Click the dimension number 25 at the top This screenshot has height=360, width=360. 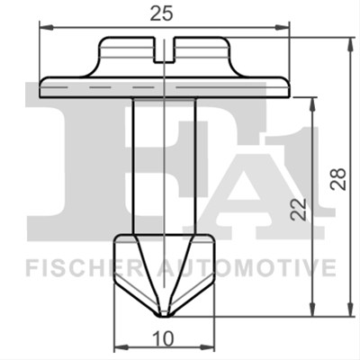pos(161,13)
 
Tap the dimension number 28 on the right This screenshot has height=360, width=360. pos(338,179)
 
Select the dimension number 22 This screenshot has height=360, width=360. pos(298,210)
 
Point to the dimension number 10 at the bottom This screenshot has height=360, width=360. pos(163,338)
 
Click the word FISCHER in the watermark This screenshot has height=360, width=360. pos(83,268)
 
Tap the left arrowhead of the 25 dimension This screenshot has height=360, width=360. pos(46,28)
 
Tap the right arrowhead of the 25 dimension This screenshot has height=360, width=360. pos(283,28)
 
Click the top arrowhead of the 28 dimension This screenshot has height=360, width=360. pos(350,44)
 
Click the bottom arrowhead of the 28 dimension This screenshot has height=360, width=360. pos(350,309)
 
